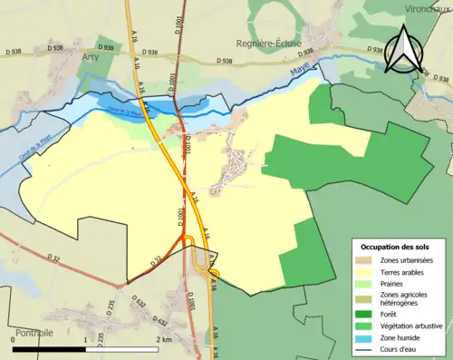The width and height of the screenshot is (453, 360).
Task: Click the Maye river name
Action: point(300,70)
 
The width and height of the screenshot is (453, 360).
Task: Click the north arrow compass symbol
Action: point(404,48)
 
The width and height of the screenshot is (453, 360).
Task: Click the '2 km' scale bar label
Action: point(163,339)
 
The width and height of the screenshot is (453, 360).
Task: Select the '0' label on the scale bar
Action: point(12,339)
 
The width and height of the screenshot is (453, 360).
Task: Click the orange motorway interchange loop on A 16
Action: point(185,242)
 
